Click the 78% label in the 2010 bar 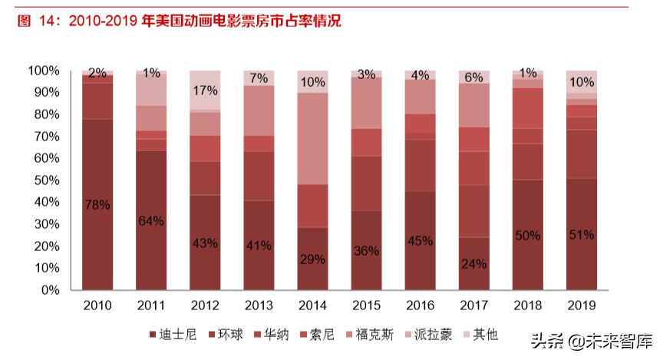98,205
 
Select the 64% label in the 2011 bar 152,222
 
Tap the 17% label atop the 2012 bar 206,90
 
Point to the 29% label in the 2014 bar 313,259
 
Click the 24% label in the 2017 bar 474,265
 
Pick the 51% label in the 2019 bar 582,235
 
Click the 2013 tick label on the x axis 259,306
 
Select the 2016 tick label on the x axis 421,306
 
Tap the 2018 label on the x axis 528,306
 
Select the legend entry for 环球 225,335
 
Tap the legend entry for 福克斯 379,335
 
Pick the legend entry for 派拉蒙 438,335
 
